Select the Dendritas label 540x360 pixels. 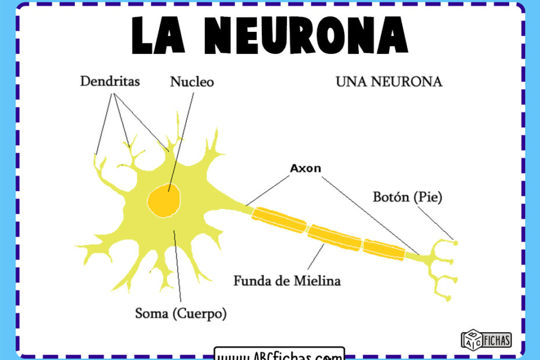pos(110,81)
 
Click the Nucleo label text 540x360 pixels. pos(192,82)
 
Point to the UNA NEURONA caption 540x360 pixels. pos(388,82)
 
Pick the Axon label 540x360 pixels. pos(305,168)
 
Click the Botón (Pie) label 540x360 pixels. pos(407,197)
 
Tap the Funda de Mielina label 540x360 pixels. pos(287,281)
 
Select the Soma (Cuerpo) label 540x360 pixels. pos(181,314)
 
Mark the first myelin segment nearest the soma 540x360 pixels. pos(279,219)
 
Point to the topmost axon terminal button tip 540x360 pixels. pos(455,243)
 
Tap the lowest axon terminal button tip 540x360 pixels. pos(448,298)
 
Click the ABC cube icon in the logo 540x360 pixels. pos(470,339)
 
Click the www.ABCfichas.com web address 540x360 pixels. pos(279,354)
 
